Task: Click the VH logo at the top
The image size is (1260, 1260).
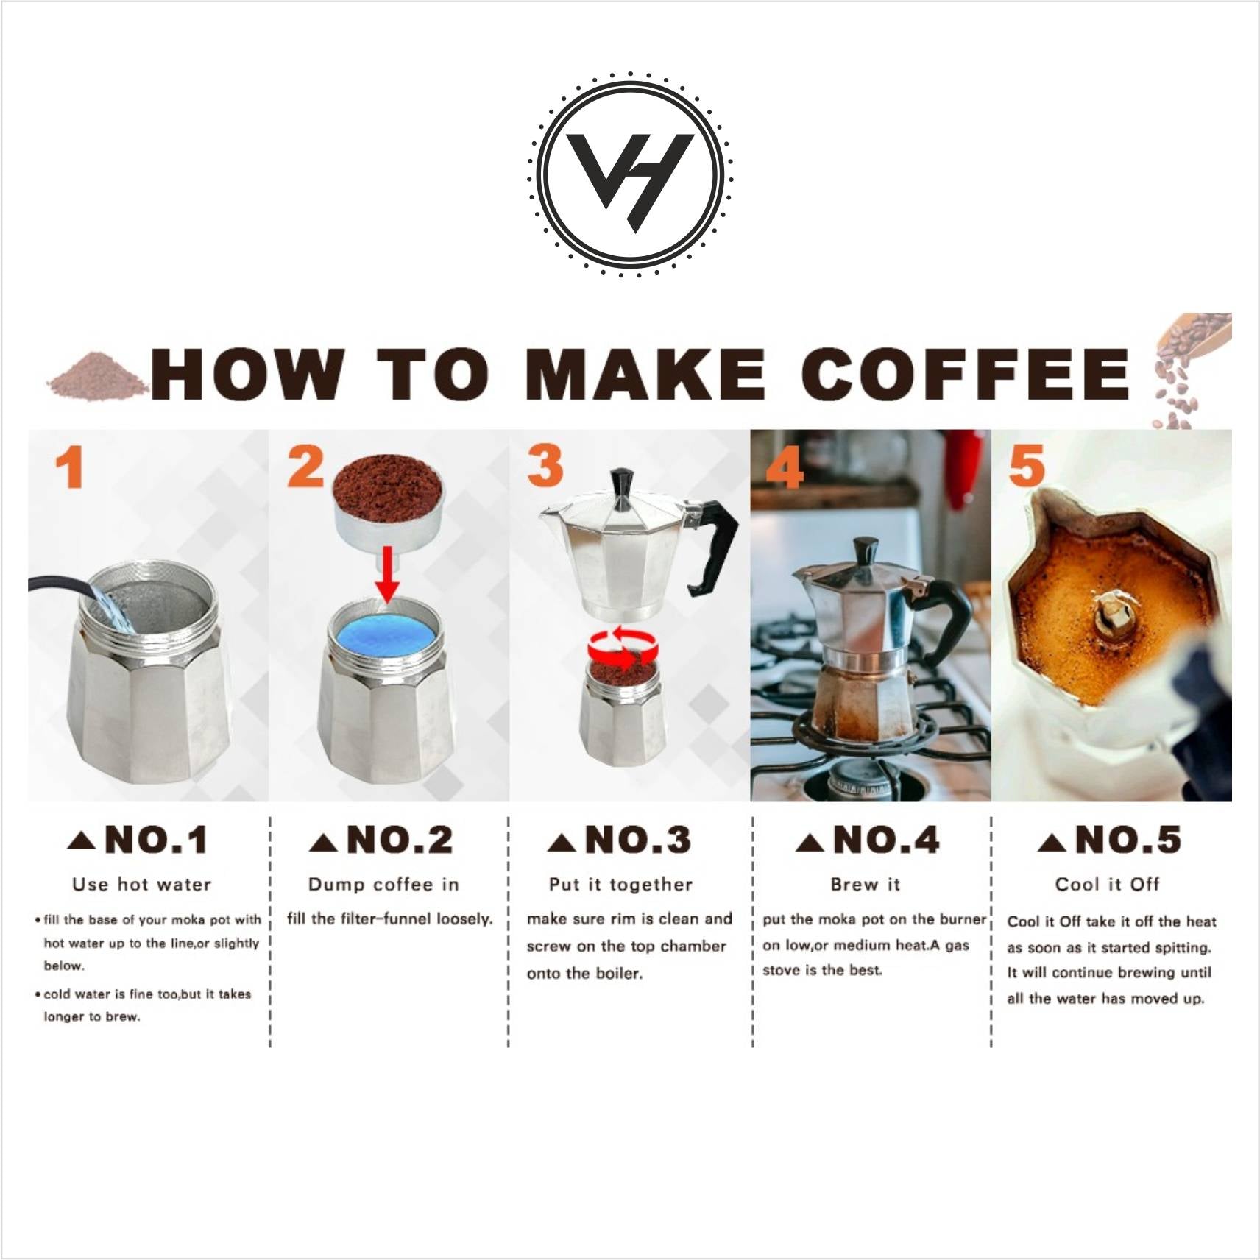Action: point(630,174)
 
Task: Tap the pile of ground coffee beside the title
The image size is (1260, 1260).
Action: point(96,377)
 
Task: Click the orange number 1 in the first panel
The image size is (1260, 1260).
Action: point(70,469)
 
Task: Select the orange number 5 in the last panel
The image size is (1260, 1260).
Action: point(1027,466)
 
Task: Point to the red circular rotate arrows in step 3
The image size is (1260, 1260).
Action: point(623,648)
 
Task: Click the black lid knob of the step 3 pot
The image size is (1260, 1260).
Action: point(623,486)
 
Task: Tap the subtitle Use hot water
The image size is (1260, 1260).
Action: point(142,885)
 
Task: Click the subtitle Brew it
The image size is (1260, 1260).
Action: point(866,885)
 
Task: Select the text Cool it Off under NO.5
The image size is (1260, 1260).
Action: point(1108,885)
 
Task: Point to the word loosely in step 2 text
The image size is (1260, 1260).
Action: point(464,919)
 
